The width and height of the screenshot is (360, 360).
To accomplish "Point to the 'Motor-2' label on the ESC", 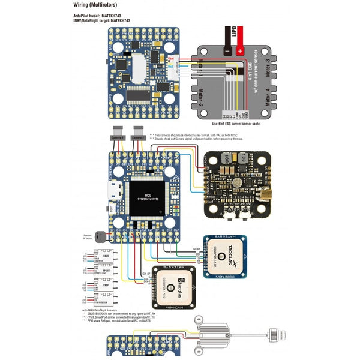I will pos(200,97).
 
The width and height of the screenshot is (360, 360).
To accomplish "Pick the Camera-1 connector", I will pos(118,134).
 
